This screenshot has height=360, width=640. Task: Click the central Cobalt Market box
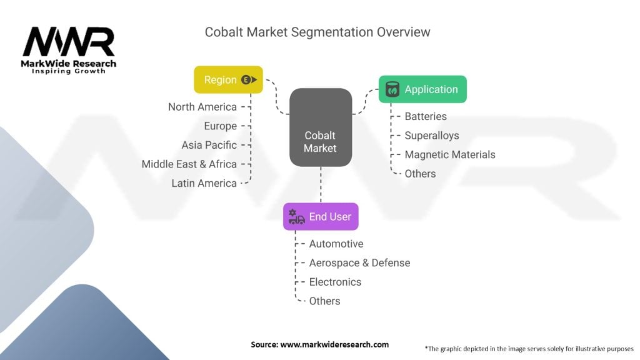coord(321,127)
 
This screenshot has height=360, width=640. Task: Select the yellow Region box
coord(228,79)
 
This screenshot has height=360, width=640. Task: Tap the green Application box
coord(422,89)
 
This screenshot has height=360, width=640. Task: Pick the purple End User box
coord(321,216)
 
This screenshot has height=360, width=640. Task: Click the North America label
coord(202,107)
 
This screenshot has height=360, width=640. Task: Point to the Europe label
coord(221,126)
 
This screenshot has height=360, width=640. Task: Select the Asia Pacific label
coord(209,145)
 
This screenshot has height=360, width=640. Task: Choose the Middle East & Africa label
coord(189,164)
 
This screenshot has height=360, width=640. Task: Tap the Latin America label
coord(204,183)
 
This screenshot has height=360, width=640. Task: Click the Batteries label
coord(426,116)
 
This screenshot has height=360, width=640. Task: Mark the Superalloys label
coord(432,136)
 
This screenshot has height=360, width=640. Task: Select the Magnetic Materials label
coord(450,155)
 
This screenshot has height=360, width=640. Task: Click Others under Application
coord(420,174)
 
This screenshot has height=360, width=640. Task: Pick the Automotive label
coord(336,244)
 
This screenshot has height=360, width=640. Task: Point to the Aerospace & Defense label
coord(359,263)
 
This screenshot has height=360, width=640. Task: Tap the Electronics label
coord(335,282)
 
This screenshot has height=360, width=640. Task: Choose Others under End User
coord(324,301)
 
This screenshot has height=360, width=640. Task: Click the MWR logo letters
coord(69,42)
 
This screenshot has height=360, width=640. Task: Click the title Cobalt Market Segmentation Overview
coord(317,32)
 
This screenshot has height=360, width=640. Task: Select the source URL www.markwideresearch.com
coord(334,344)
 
